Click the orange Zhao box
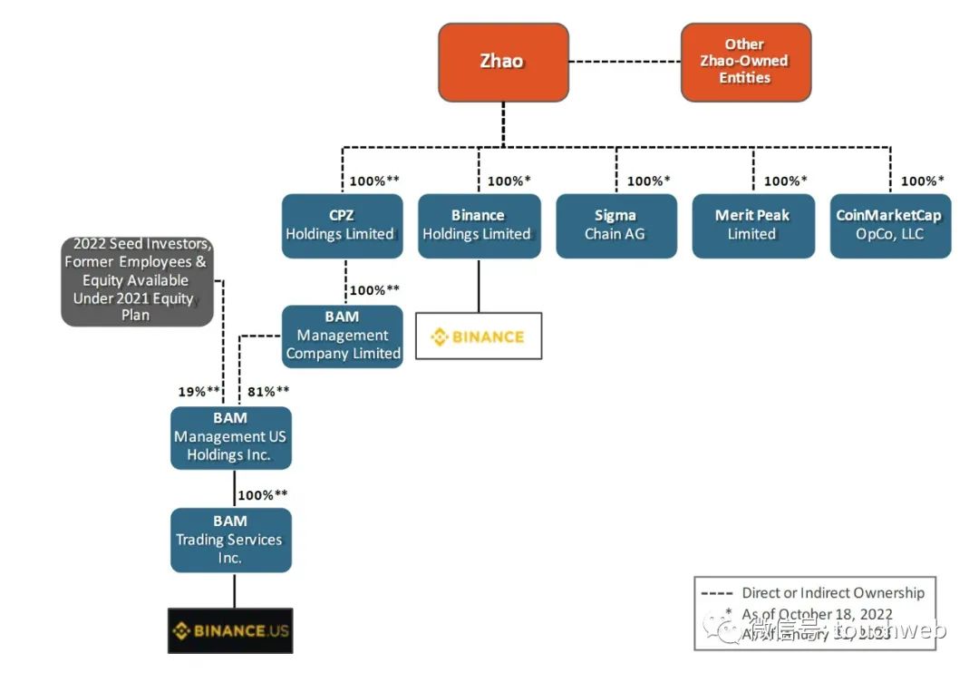pyautogui.click(x=503, y=62)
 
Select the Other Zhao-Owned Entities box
pyautogui.click(x=745, y=62)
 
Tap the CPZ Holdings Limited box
pyautogui.click(x=341, y=225)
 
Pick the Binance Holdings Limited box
pyautogui.click(x=478, y=225)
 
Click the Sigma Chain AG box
pyautogui.click(x=616, y=225)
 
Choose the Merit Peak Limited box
pyautogui.click(x=752, y=225)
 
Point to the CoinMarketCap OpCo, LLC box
pyautogui.click(x=889, y=225)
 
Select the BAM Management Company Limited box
pyautogui.click(x=343, y=336)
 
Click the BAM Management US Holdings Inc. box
pyautogui.click(x=230, y=437)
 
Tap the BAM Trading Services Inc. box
pyautogui.click(x=230, y=540)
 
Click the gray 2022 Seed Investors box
pyautogui.click(x=137, y=279)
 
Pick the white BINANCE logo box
pyautogui.click(x=478, y=336)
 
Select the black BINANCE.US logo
pyautogui.click(x=230, y=630)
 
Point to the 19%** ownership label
pyautogui.click(x=199, y=391)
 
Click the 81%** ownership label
pyautogui.click(x=268, y=391)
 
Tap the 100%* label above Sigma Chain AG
pyautogui.click(x=649, y=181)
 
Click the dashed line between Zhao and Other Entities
pyautogui.click(x=625, y=62)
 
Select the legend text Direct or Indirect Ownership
pyautogui.click(x=833, y=593)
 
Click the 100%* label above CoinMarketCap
pyautogui.click(x=922, y=181)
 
